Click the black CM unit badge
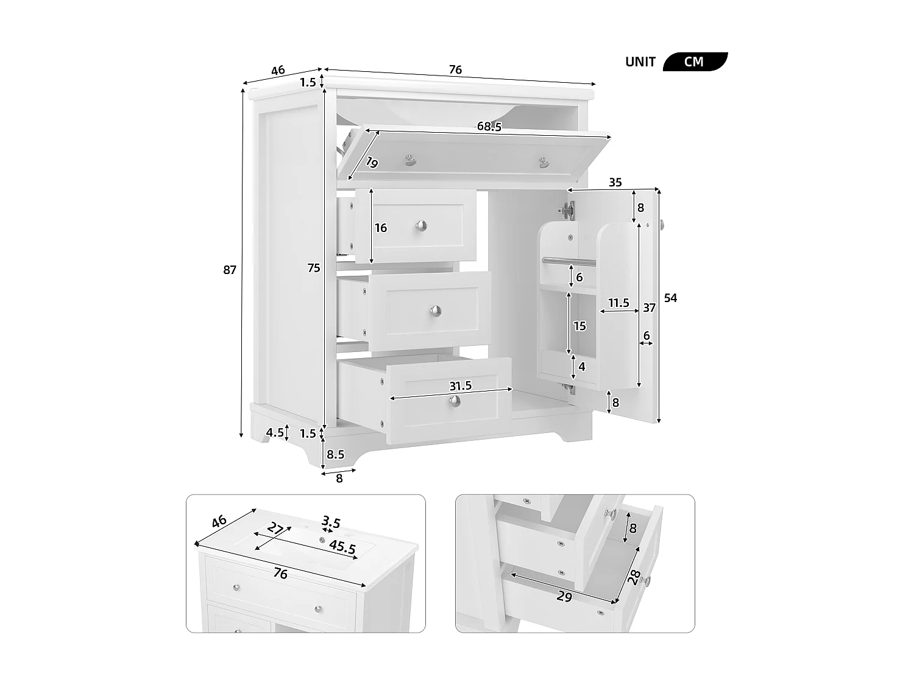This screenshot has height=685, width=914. coord(695,61)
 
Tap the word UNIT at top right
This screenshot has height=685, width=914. coord(640,62)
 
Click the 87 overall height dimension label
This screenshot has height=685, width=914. coord(230,270)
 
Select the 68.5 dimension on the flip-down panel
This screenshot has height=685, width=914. coord(489,127)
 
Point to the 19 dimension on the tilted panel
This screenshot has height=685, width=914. coord(372,163)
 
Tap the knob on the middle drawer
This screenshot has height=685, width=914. coord(436,311)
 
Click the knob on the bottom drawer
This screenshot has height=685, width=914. coord(455,401)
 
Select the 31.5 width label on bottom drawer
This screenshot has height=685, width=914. coord(461,386)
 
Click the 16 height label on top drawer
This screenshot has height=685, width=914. coord(381,228)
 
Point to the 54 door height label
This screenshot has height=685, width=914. coord(670,298)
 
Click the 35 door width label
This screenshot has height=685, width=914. coord(615,182)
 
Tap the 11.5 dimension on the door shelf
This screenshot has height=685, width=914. coord(618,303)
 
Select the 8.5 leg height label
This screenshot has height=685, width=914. coord(335,455)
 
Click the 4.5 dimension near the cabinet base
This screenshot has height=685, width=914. coord(275,432)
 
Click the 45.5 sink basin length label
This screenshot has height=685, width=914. coord(342,547)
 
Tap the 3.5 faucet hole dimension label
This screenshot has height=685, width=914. coord(331,522)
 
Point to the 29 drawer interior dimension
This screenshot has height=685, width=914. coord(565,597)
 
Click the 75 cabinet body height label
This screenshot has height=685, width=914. coord(314,269)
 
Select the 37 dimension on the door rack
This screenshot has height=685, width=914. coord(649,307)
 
